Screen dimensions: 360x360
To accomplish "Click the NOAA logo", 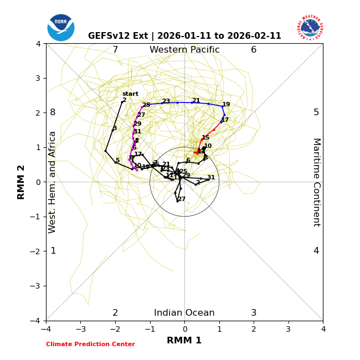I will point(61,27).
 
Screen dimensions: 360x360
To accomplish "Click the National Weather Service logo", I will point(310,27).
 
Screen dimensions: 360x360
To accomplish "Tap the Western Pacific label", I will point(184,50).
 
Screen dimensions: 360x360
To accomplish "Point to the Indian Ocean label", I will point(184,313).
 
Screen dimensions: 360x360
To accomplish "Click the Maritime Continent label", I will point(316,182).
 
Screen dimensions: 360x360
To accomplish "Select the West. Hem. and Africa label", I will point(53,182).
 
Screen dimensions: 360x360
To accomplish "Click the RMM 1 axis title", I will point(184,341).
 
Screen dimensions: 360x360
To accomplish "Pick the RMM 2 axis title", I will point(22,182).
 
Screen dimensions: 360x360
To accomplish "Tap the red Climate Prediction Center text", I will point(90,344).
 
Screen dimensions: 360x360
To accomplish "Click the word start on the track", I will point(130,94).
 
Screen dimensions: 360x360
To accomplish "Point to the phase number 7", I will point(115,50).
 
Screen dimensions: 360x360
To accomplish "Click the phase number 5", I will point(316,112).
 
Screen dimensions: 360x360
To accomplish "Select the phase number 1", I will point(53,251).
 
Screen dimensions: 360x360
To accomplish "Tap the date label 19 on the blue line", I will point(226,105).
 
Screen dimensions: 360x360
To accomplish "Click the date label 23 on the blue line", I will point(166,101).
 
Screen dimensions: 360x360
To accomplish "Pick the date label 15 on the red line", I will point(205,138).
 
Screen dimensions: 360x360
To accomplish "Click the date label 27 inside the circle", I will point(182,199).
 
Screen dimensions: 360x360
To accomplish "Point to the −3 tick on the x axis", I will point(80,329).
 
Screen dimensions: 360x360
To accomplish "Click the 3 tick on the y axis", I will point(38,78).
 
